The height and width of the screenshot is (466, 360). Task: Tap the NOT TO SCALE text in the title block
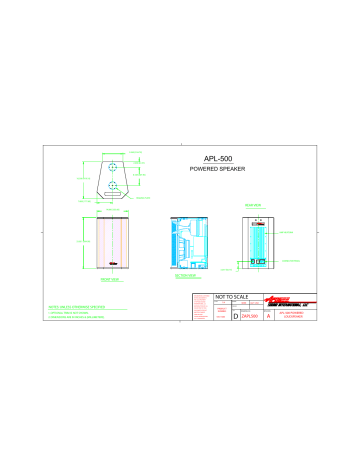point(231,298)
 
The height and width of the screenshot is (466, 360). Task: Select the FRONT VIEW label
point(111,281)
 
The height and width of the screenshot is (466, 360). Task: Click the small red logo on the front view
point(112,264)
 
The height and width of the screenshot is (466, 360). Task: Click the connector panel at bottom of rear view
point(254,264)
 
